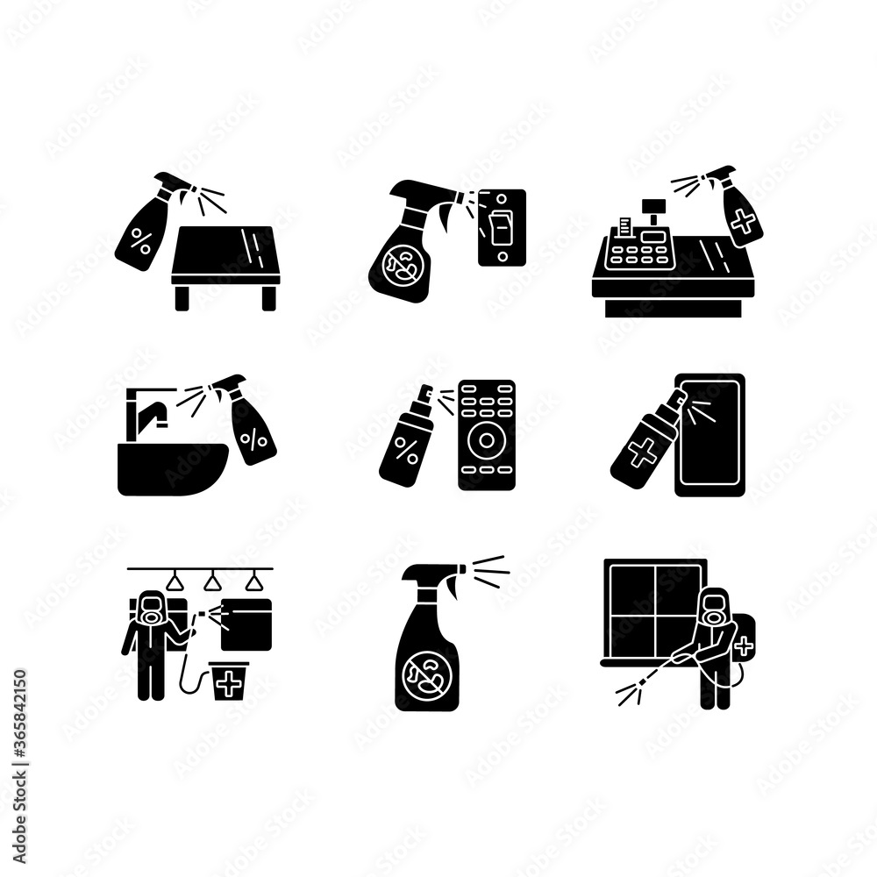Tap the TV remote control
pos(486,434)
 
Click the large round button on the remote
pos(486,442)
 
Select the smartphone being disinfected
pos(710,434)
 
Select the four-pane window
pos(654,614)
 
